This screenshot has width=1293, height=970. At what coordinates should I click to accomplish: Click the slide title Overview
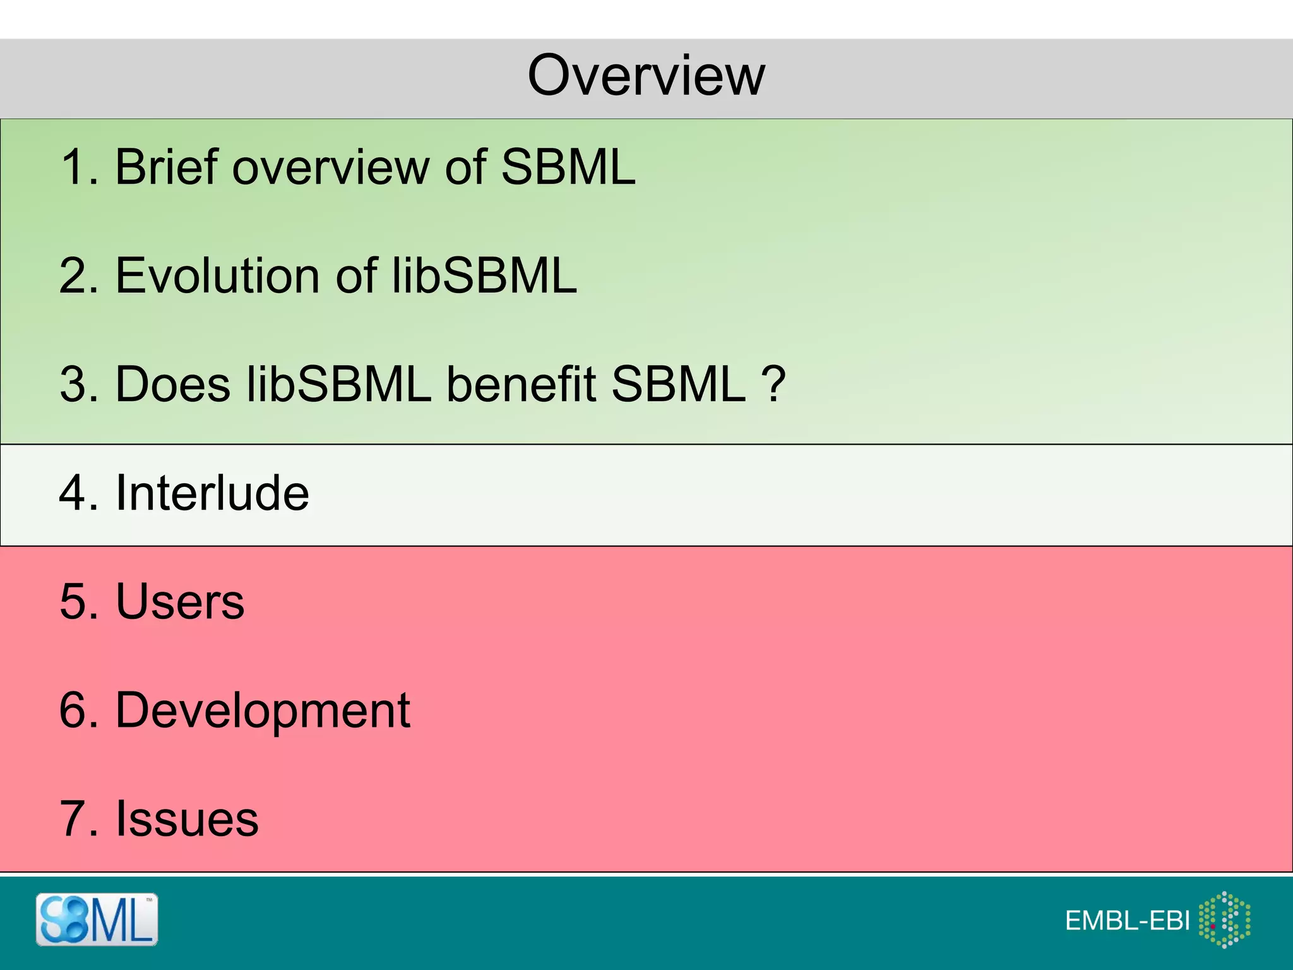[x=646, y=76]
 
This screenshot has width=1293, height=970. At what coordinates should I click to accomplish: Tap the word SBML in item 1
[x=568, y=167]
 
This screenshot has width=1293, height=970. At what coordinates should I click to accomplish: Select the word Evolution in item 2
[x=217, y=276]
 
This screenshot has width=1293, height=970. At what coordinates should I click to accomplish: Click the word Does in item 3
[x=173, y=384]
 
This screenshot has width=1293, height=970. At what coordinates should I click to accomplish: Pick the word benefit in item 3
[x=521, y=384]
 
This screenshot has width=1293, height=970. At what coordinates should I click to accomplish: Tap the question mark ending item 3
[x=773, y=384]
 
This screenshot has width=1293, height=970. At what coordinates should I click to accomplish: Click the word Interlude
[x=212, y=493]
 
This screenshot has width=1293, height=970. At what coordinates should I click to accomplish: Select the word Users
[x=180, y=601]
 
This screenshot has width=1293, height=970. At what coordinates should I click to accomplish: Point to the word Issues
[x=187, y=819]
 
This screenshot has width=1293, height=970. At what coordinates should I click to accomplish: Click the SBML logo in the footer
[x=97, y=919]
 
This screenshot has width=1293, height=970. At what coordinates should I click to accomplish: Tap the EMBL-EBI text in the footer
[x=1128, y=921]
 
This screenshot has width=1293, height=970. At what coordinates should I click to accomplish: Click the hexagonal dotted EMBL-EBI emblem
[x=1225, y=919]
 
